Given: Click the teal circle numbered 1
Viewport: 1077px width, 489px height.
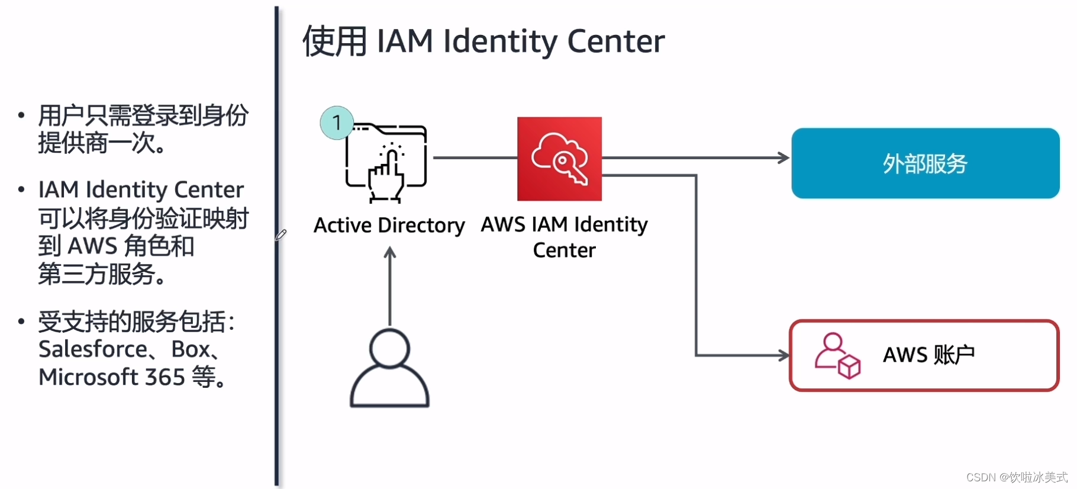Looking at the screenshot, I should (x=337, y=123).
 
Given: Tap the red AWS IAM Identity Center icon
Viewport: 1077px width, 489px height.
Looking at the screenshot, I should (x=559, y=159).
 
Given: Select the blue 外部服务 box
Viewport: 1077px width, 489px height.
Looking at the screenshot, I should (x=925, y=163).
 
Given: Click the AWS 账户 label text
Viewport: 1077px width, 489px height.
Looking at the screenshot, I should (x=928, y=355).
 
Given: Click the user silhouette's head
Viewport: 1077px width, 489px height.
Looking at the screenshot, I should (x=389, y=348).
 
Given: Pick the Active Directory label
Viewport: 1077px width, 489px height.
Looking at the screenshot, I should (x=389, y=225).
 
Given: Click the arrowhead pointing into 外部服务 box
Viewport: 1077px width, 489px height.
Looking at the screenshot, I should (x=784, y=158).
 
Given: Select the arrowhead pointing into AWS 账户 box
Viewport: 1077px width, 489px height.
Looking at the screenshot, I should (x=784, y=355).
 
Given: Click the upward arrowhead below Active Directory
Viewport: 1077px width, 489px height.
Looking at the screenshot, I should (x=389, y=253).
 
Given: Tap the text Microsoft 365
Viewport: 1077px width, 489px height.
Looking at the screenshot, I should (x=112, y=377).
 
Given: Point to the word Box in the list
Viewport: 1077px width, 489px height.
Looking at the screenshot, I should (x=191, y=349).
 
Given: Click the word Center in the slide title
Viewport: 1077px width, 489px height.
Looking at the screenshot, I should (x=615, y=41).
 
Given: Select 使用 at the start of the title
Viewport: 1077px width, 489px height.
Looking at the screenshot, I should (x=334, y=41).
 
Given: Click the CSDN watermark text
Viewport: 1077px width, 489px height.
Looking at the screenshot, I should (x=1016, y=477).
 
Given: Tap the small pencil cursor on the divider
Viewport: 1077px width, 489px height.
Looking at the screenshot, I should (x=281, y=235).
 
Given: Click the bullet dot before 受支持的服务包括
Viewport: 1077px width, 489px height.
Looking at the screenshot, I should (x=21, y=321).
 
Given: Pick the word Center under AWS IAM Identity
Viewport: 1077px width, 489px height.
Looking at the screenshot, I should (x=564, y=250).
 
